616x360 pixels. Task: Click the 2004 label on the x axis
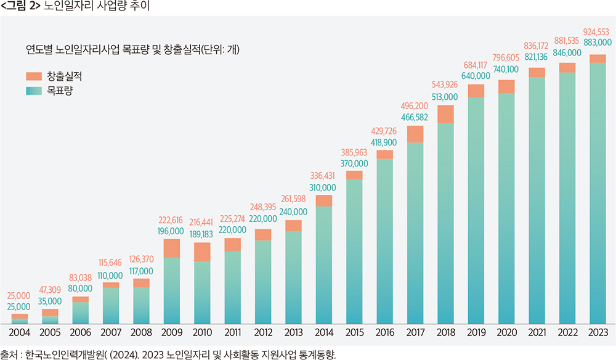(x=20, y=333)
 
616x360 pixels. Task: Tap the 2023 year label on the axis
(x=597, y=333)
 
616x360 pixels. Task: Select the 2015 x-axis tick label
(x=354, y=333)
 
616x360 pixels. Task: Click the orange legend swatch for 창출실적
(x=33, y=76)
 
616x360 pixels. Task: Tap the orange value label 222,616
(x=172, y=219)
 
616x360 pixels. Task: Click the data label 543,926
(x=445, y=84)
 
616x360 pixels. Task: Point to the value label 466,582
(x=415, y=117)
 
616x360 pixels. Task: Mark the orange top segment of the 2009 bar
(x=172, y=248)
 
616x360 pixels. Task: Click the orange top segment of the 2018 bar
(x=445, y=114)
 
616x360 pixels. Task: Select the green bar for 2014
(x=323, y=265)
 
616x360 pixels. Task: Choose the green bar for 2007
(x=111, y=306)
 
